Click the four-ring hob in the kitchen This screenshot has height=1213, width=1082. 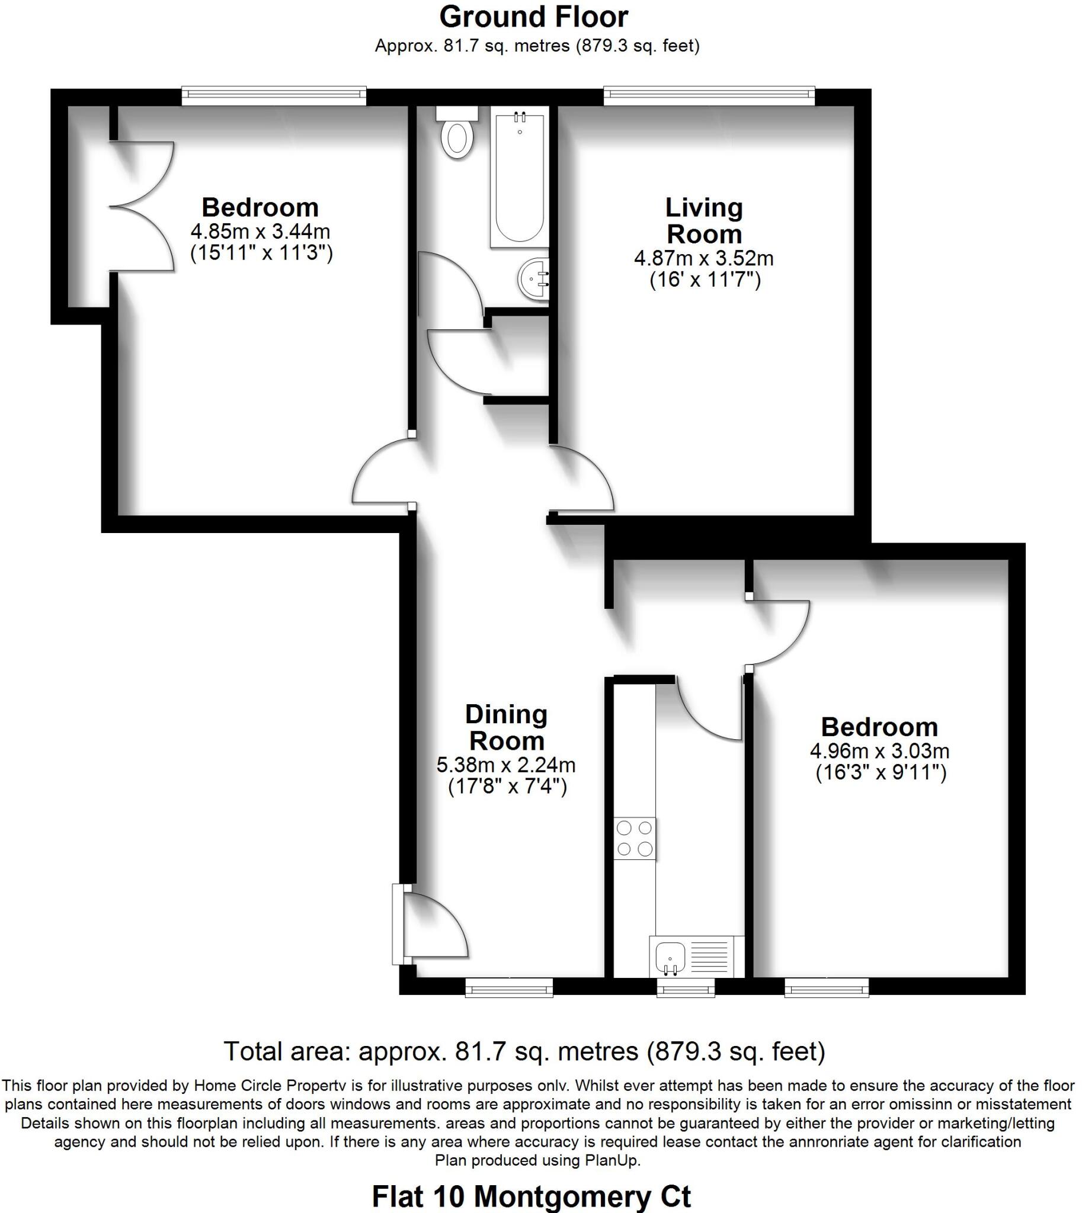(635, 839)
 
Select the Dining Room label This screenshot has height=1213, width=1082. (506, 727)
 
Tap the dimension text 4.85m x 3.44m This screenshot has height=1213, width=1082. (260, 231)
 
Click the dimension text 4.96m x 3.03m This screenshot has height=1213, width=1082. (879, 751)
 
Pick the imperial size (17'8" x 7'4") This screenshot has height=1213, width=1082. (507, 787)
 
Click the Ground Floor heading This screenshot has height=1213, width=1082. (533, 17)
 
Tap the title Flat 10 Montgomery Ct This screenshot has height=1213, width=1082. (531, 1196)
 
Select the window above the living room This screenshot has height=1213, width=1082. (709, 96)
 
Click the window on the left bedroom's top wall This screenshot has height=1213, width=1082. (274, 96)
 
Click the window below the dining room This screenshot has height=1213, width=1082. (509, 988)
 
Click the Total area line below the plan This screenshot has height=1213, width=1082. (524, 1051)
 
